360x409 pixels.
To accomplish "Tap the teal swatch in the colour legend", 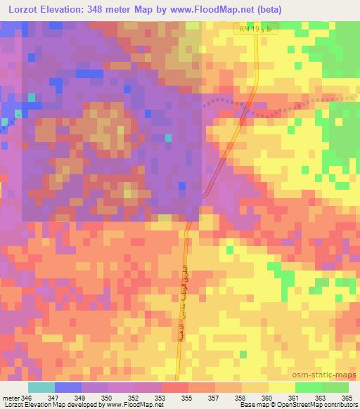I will pos(41,387).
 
